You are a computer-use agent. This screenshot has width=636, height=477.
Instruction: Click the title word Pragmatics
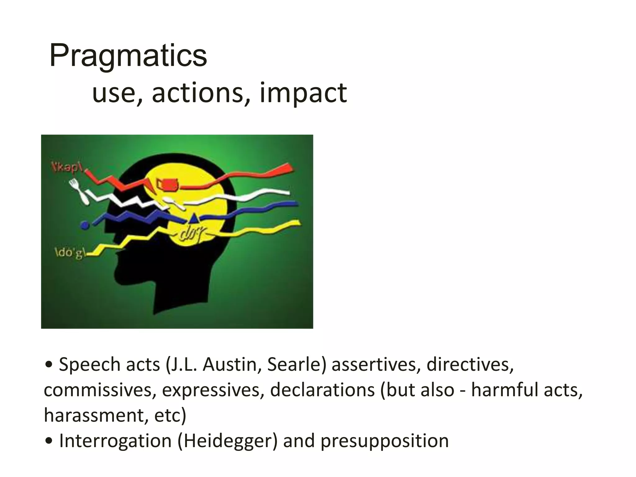(x=128, y=56)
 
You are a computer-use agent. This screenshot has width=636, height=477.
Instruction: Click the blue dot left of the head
(x=84, y=225)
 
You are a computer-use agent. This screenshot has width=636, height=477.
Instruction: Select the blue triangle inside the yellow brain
(x=194, y=218)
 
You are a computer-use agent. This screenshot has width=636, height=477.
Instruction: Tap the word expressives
(x=213, y=390)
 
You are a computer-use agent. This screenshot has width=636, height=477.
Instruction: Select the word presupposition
(x=384, y=441)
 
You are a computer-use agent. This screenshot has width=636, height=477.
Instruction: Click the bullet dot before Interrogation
(x=48, y=441)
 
